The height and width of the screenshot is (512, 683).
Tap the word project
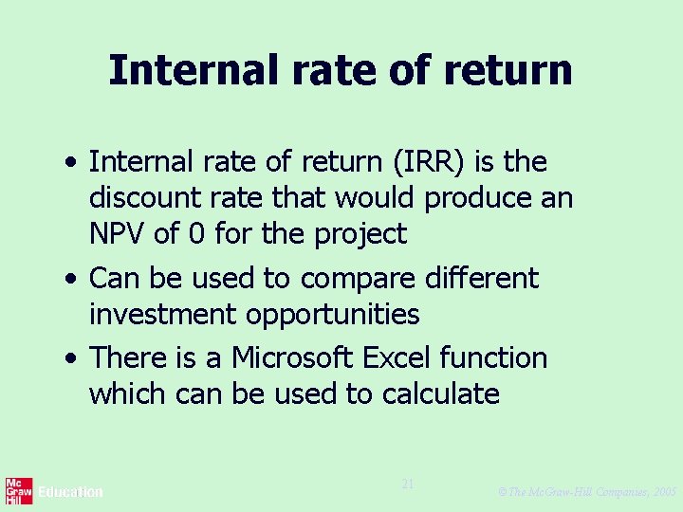[x=359, y=234]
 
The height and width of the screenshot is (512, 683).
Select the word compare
[x=357, y=279]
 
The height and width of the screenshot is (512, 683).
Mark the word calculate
[x=441, y=393]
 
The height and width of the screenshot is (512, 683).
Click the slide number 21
[x=408, y=485]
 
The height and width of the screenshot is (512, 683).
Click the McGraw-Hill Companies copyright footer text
[x=586, y=492]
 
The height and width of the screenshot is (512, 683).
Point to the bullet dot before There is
[x=72, y=360]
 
